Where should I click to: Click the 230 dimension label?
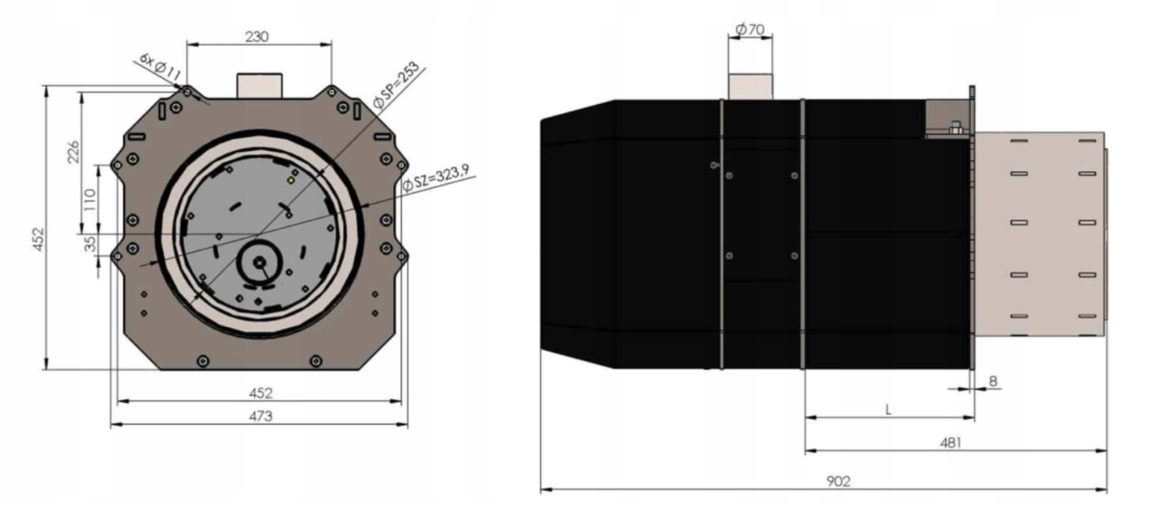[257, 37]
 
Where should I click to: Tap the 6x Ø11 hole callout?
[160, 66]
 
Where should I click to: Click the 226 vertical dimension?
[74, 152]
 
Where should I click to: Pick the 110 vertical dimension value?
[90, 200]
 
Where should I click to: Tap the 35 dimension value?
[90, 244]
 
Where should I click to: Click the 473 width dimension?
[260, 416]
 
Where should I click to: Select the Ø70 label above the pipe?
[750, 30]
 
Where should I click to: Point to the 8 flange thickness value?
[993, 381]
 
